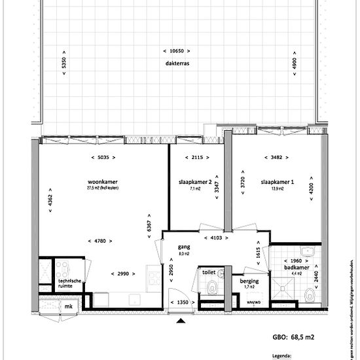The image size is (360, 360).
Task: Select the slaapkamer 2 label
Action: pyautogui.click(x=194, y=181)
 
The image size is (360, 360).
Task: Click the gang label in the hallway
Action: pyautogui.click(x=184, y=247)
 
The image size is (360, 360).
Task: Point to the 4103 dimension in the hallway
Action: pyautogui.click(x=215, y=238)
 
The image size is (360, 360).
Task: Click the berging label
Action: pyautogui.click(x=249, y=281)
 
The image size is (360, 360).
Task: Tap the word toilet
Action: pyautogui.click(x=209, y=271)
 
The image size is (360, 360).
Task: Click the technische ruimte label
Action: pyautogui.click(x=71, y=284)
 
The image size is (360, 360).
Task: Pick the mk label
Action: pyautogui.click(x=67, y=306)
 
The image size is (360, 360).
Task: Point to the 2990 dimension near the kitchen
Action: pyautogui.click(x=124, y=273)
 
